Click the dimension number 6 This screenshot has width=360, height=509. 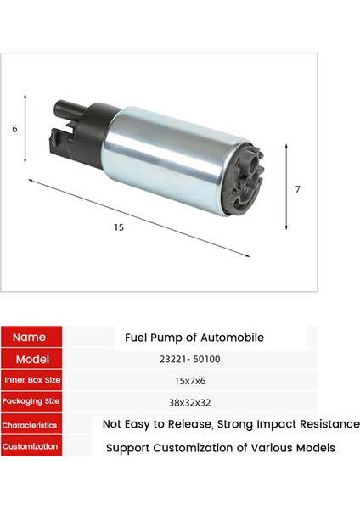(14, 129)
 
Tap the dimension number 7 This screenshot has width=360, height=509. (297, 189)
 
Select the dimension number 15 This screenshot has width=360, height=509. (118, 227)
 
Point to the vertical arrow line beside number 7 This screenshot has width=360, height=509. (286, 188)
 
